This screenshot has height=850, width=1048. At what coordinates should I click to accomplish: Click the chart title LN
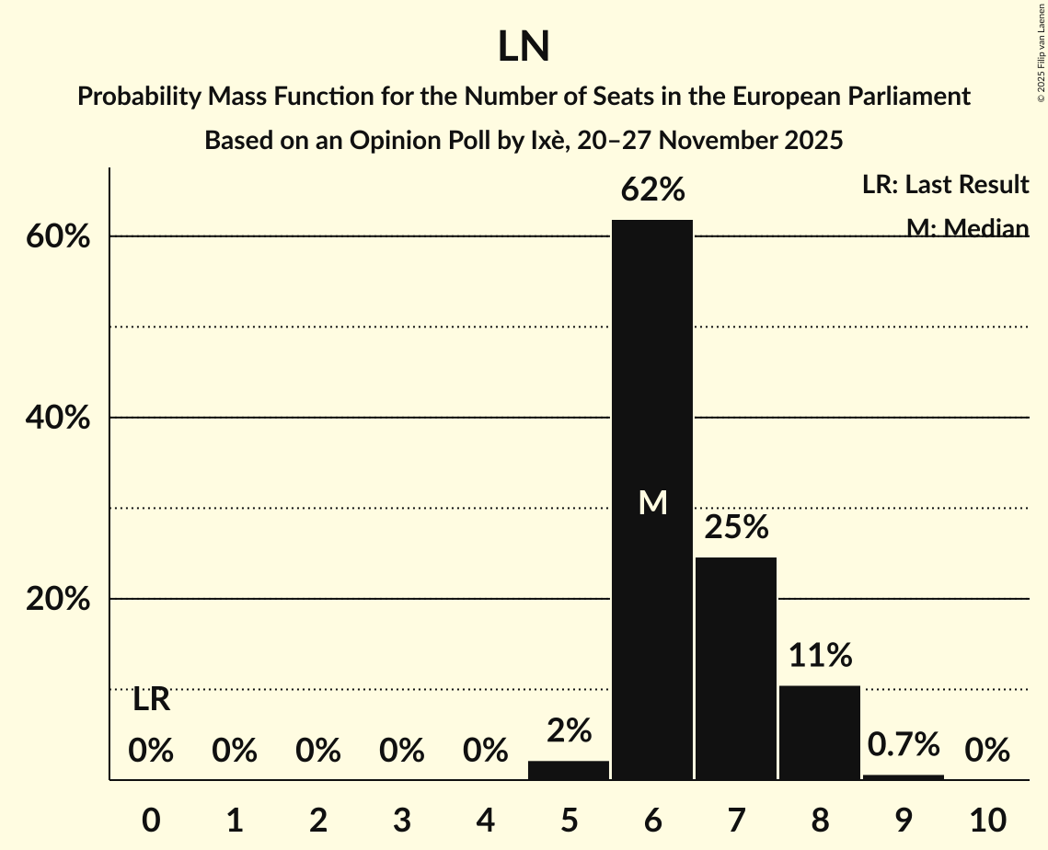[524, 47]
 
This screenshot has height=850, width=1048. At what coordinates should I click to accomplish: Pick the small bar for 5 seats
[569, 770]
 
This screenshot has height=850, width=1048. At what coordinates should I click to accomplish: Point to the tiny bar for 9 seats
[904, 777]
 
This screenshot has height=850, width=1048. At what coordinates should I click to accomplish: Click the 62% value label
[652, 190]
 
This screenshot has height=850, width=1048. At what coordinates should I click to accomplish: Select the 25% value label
[736, 528]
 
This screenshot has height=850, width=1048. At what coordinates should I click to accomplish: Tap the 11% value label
[820, 656]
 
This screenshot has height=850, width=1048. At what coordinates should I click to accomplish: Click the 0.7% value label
[904, 743]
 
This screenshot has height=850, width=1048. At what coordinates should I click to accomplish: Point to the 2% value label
[569, 730]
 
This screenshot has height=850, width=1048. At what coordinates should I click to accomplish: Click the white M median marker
[652, 502]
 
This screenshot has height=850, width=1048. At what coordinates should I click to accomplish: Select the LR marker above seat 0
[151, 700]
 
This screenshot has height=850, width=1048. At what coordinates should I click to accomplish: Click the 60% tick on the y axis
[57, 236]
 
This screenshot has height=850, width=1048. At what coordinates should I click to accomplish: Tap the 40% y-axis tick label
[57, 418]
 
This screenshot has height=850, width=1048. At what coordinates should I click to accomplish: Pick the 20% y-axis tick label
[57, 599]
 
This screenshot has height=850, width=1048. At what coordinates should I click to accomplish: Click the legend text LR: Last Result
[945, 185]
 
